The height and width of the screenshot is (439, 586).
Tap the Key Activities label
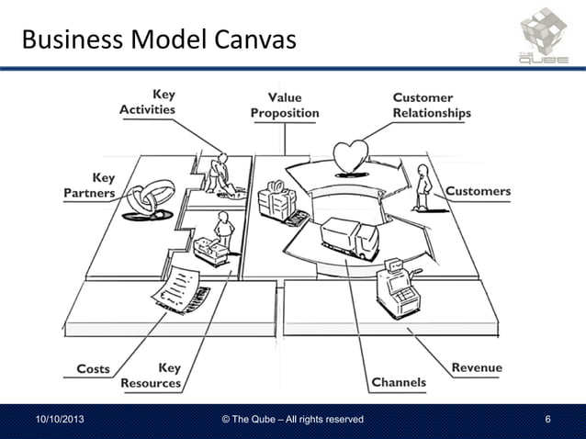[x=149, y=102]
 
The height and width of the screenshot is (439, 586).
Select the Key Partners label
[x=90, y=186]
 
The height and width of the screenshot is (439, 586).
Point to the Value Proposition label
[x=286, y=105]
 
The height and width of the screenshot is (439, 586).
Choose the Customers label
[x=478, y=191]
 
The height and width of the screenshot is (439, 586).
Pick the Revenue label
[x=477, y=367]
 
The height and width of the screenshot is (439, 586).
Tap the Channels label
[x=399, y=382]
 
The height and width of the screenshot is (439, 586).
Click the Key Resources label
[x=152, y=376]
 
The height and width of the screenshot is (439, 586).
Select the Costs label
[x=93, y=368]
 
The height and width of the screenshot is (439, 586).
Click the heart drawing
[x=350, y=155]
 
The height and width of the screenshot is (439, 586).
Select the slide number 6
[x=547, y=420]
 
